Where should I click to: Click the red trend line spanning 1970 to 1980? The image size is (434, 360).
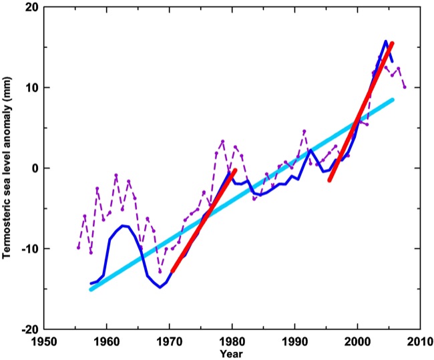point(204,220)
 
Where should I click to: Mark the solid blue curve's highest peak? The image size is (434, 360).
point(385,41)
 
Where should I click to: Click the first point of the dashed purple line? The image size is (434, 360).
point(78,248)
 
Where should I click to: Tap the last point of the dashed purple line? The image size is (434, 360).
point(405,87)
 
